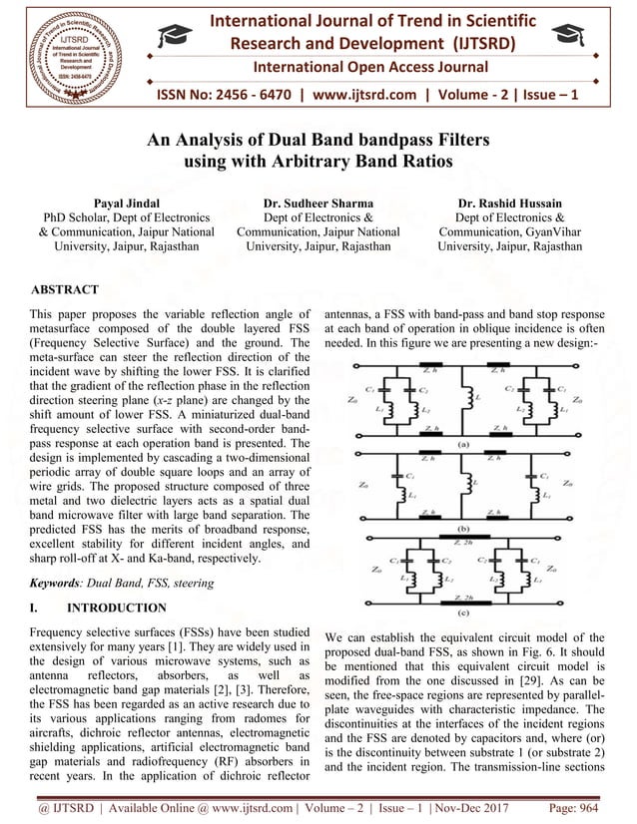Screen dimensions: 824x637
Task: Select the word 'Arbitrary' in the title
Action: tap(332, 162)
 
